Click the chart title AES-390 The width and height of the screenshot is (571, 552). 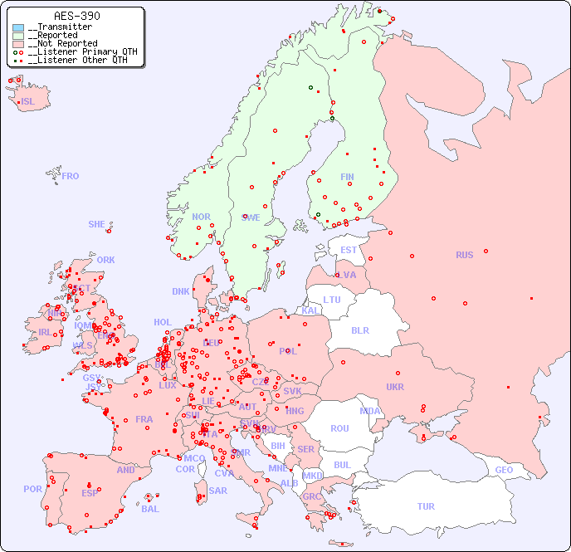click(x=77, y=17)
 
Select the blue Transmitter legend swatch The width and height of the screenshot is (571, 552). click(x=18, y=27)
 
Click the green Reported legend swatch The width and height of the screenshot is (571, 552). click(x=18, y=36)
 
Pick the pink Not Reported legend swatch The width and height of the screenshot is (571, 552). click(x=18, y=44)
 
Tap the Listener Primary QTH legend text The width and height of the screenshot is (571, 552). click(x=81, y=51)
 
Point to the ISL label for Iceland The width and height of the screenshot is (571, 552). click(x=28, y=102)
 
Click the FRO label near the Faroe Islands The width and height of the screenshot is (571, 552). click(x=71, y=176)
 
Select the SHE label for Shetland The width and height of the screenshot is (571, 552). click(x=97, y=224)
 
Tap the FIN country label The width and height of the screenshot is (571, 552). click(x=347, y=177)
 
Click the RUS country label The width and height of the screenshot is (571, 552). click(x=464, y=255)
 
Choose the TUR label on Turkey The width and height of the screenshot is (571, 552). click(x=426, y=506)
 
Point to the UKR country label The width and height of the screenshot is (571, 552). click(x=395, y=387)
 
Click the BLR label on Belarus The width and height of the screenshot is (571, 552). click(x=359, y=330)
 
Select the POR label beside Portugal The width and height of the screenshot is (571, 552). click(x=32, y=489)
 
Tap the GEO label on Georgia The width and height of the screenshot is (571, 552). click(x=504, y=470)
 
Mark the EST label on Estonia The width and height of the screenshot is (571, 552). click(x=349, y=250)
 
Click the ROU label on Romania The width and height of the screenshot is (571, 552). click(x=339, y=428)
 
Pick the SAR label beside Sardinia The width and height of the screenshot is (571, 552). click(x=218, y=491)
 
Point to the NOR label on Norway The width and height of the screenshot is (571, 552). click(x=201, y=217)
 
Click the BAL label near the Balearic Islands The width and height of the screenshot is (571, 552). click(x=150, y=509)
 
